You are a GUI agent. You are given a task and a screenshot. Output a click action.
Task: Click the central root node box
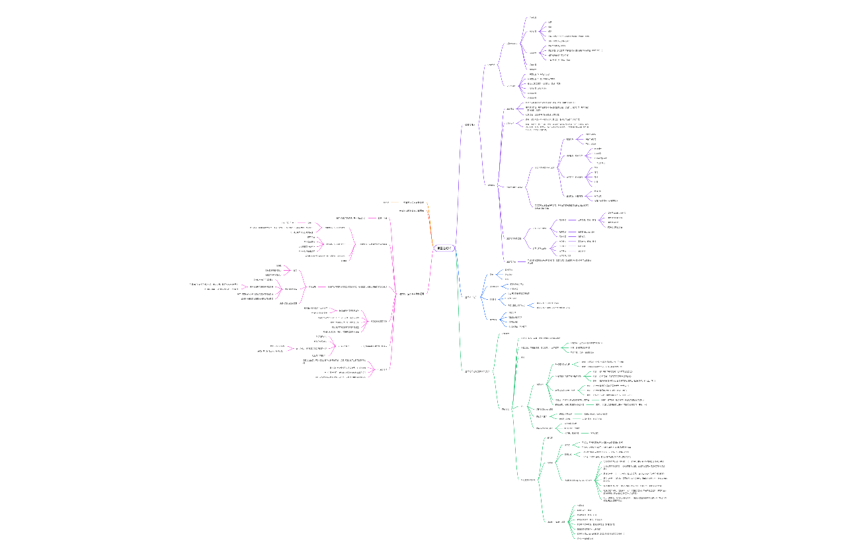(444, 248)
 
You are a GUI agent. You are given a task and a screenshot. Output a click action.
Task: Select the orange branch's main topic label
(414, 202)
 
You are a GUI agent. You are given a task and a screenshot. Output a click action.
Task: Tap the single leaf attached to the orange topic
(386, 202)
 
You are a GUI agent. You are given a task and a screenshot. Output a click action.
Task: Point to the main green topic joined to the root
(477, 371)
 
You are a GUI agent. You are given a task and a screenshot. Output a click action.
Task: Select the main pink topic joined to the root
(411, 293)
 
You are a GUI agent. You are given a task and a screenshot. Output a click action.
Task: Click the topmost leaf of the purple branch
(533, 17)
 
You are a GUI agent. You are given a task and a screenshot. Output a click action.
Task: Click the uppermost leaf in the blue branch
(509, 270)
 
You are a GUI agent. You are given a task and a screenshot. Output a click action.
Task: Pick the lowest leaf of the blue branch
(518, 326)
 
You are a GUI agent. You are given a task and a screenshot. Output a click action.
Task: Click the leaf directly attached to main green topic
(506, 333)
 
